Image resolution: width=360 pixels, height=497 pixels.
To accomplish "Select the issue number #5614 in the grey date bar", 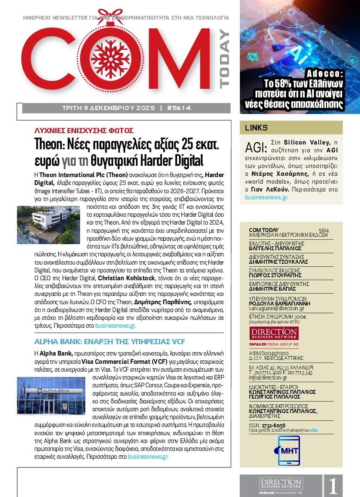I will tap(178, 108).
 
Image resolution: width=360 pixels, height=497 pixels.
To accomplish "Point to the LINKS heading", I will tap(256, 128).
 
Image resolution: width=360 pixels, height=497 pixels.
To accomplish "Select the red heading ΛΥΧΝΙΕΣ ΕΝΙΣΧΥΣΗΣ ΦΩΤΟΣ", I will tap(84, 130).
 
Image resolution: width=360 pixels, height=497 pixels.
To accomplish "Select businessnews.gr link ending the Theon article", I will tap(115, 326).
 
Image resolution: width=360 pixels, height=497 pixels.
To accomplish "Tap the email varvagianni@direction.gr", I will tap(273, 309).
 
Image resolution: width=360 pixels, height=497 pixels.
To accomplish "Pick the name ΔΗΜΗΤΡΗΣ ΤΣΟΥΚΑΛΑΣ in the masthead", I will tap(278, 262).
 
